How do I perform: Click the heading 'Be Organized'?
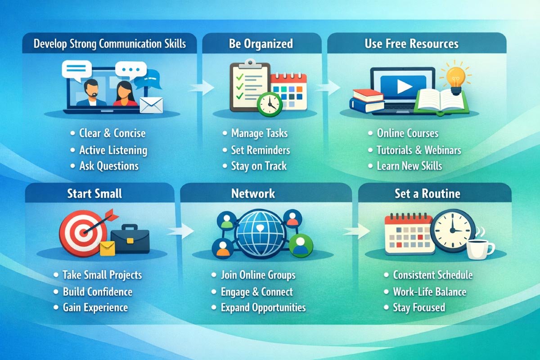261,44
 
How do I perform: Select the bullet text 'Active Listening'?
113,150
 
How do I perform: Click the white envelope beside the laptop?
151,105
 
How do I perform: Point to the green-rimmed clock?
270,104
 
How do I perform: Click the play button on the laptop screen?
404,86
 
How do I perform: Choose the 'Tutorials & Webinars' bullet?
419,150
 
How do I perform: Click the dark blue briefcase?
130,239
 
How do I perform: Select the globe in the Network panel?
260,233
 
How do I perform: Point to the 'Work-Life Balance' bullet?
430,292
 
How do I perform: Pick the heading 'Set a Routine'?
427,193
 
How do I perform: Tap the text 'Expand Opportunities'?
263,308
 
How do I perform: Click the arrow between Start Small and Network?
181,231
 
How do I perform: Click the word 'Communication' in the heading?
130,44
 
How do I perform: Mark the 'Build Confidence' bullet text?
98,292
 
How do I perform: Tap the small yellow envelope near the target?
108,248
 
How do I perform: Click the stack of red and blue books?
367,101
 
